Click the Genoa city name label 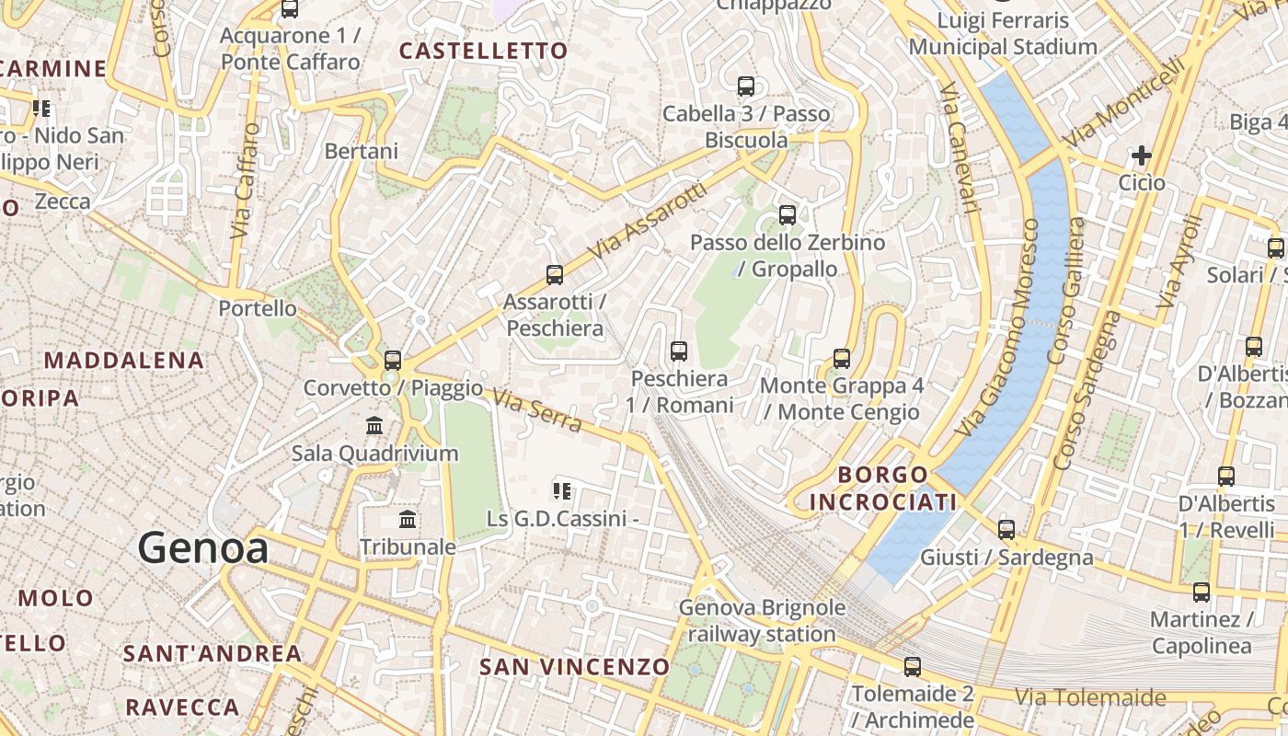(x=203, y=548)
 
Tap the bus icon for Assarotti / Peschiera (x=554, y=274)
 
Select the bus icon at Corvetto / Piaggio (x=393, y=360)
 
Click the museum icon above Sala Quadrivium (x=374, y=425)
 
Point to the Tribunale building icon (x=408, y=520)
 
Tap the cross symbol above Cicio (x=1142, y=155)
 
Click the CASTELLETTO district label (x=484, y=51)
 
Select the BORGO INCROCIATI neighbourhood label (x=882, y=489)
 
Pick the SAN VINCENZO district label (x=575, y=666)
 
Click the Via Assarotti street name (x=650, y=220)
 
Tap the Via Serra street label (x=537, y=410)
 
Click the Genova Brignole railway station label (x=762, y=621)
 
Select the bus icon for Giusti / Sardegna (x=1006, y=529)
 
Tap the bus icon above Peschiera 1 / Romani (x=679, y=351)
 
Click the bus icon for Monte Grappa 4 (x=842, y=358)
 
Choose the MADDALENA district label (x=124, y=360)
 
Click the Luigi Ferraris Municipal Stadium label (x=1003, y=33)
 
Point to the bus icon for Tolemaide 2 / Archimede (x=913, y=666)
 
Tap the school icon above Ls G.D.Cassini (x=561, y=491)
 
